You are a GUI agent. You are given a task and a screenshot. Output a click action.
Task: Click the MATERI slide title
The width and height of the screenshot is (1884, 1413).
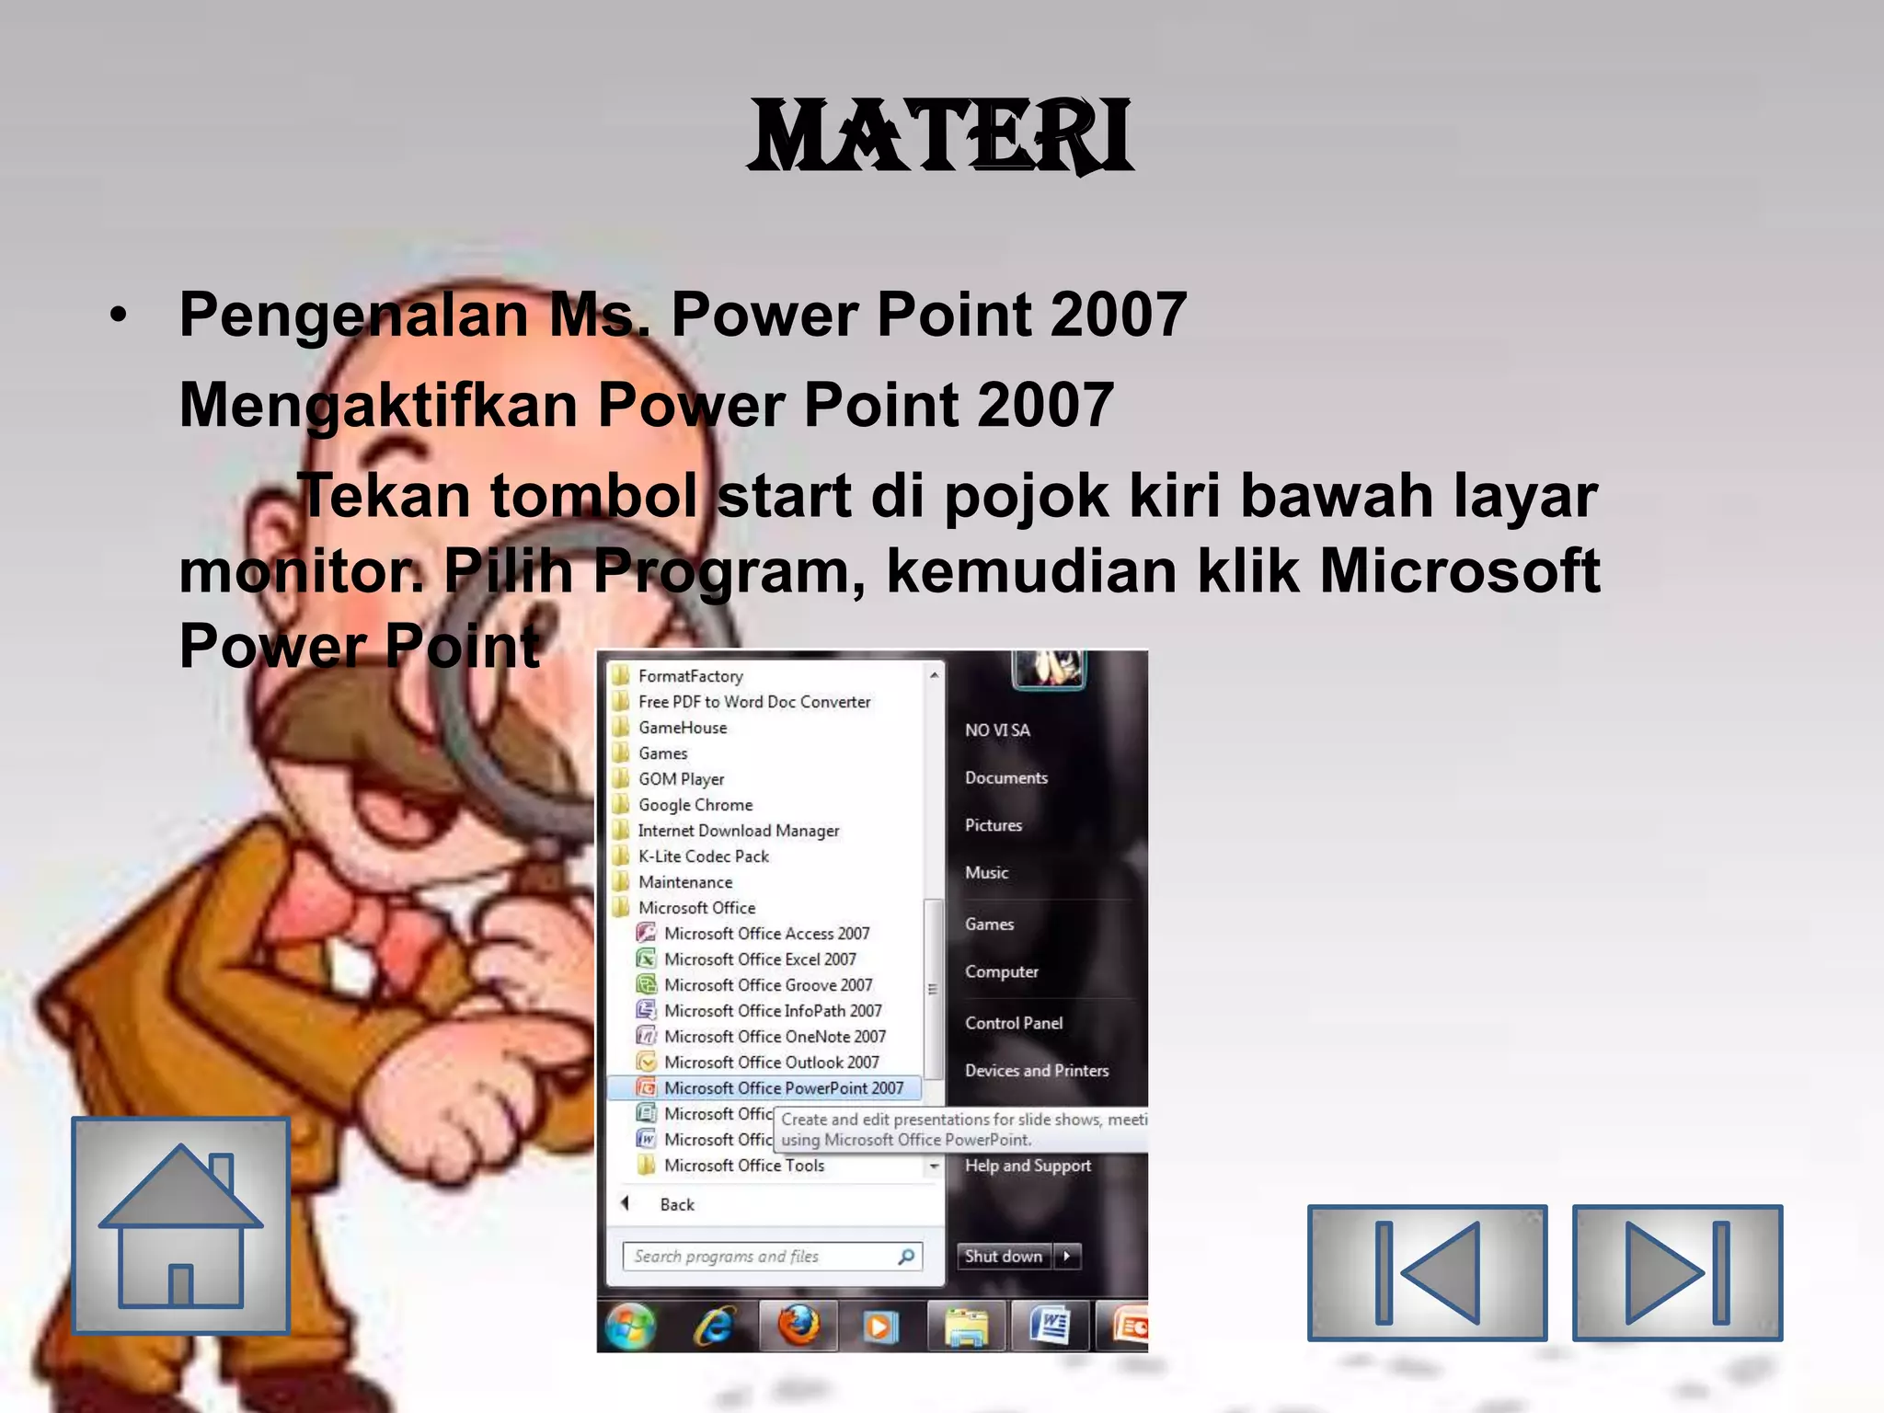941,138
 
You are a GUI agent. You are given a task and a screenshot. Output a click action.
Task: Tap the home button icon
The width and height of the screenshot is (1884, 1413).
181,1225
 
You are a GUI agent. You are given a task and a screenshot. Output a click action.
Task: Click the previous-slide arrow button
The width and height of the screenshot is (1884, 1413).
1427,1272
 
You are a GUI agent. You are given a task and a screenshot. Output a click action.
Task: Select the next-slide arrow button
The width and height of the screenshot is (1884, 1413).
1677,1272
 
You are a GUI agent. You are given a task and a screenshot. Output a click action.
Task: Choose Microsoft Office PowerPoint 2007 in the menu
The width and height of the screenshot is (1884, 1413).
783,1088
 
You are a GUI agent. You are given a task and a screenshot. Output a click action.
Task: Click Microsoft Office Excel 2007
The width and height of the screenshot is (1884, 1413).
760,959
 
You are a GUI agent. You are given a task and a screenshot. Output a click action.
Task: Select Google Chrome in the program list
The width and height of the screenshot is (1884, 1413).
695,805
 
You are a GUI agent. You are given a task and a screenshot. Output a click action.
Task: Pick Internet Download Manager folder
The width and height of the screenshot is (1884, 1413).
739,831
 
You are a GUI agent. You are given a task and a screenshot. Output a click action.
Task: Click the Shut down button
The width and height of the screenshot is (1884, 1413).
1004,1257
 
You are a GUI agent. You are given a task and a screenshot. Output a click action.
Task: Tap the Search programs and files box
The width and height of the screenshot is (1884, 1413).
764,1257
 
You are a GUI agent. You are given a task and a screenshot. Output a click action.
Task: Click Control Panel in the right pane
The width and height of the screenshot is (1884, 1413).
1014,1023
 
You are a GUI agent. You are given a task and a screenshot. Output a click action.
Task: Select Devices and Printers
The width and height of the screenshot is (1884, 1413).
1037,1071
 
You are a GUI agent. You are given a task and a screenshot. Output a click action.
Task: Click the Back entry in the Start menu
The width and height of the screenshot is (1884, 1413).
676,1205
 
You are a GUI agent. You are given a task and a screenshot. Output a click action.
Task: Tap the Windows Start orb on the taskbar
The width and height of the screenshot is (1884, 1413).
631,1327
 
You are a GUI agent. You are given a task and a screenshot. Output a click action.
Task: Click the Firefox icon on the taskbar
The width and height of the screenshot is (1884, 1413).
798,1327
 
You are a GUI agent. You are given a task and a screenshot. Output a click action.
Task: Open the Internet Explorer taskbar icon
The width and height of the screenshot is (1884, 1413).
714,1327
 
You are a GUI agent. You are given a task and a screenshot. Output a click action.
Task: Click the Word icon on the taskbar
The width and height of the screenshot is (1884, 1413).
1050,1327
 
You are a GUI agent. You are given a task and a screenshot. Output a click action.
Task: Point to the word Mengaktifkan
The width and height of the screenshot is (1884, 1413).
377,405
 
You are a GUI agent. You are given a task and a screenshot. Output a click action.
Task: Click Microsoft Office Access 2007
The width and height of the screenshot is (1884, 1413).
766,934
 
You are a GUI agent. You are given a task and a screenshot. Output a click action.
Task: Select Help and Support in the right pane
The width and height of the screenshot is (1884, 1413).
1028,1166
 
